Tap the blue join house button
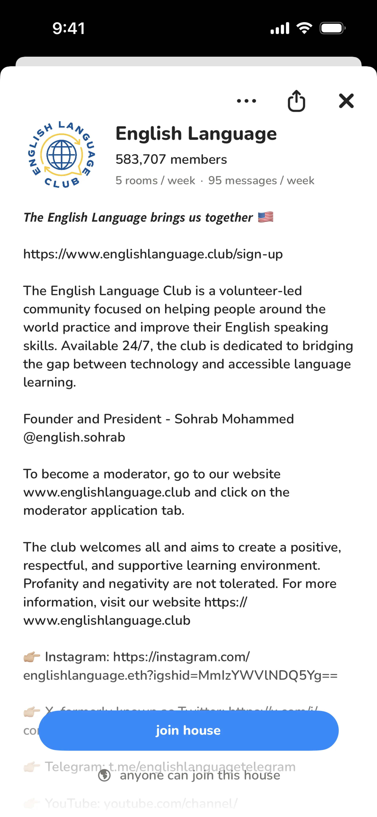(188, 730)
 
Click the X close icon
(346, 101)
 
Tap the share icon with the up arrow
(296, 101)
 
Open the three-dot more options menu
(247, 101)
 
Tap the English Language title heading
(196, 133)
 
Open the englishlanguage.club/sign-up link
(153, 254)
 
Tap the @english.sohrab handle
(74, 437)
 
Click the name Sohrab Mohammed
(234, 419)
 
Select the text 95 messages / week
(261, 180)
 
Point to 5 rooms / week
(155, 180)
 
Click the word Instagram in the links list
(76, 657)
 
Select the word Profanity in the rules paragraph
(51, 584)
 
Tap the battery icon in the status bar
(332, 28)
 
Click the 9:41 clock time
(69, 28)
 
